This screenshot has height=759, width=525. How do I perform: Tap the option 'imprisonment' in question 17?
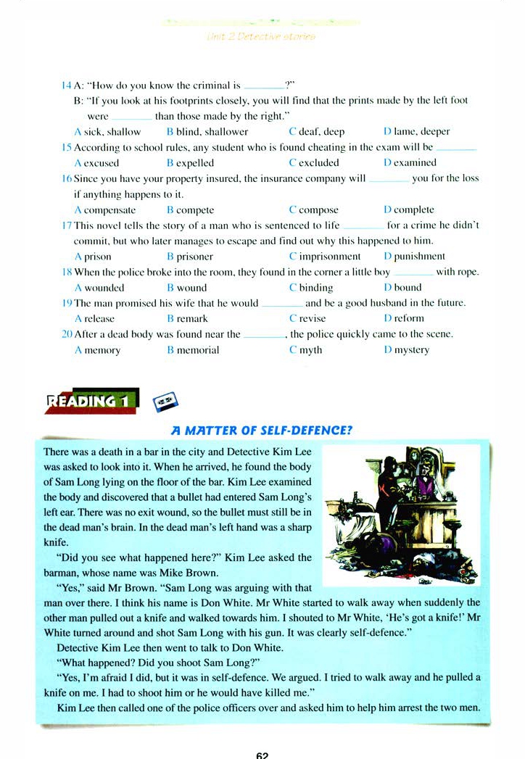(329, 257)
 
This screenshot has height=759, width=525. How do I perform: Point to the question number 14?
(67, 86)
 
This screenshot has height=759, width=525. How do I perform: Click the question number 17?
(67, 225)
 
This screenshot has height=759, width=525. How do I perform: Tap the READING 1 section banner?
(92, 400)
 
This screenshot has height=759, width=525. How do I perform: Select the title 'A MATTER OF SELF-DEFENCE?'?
(261, 430)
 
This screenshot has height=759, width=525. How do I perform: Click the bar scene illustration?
(400, 515)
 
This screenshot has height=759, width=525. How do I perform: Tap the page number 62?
(262, 754)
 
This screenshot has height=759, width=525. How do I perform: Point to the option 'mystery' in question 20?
(411, 350)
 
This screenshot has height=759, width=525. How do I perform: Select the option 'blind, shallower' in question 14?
(212, 132)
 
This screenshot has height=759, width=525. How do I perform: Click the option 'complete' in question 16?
(413, 210)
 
